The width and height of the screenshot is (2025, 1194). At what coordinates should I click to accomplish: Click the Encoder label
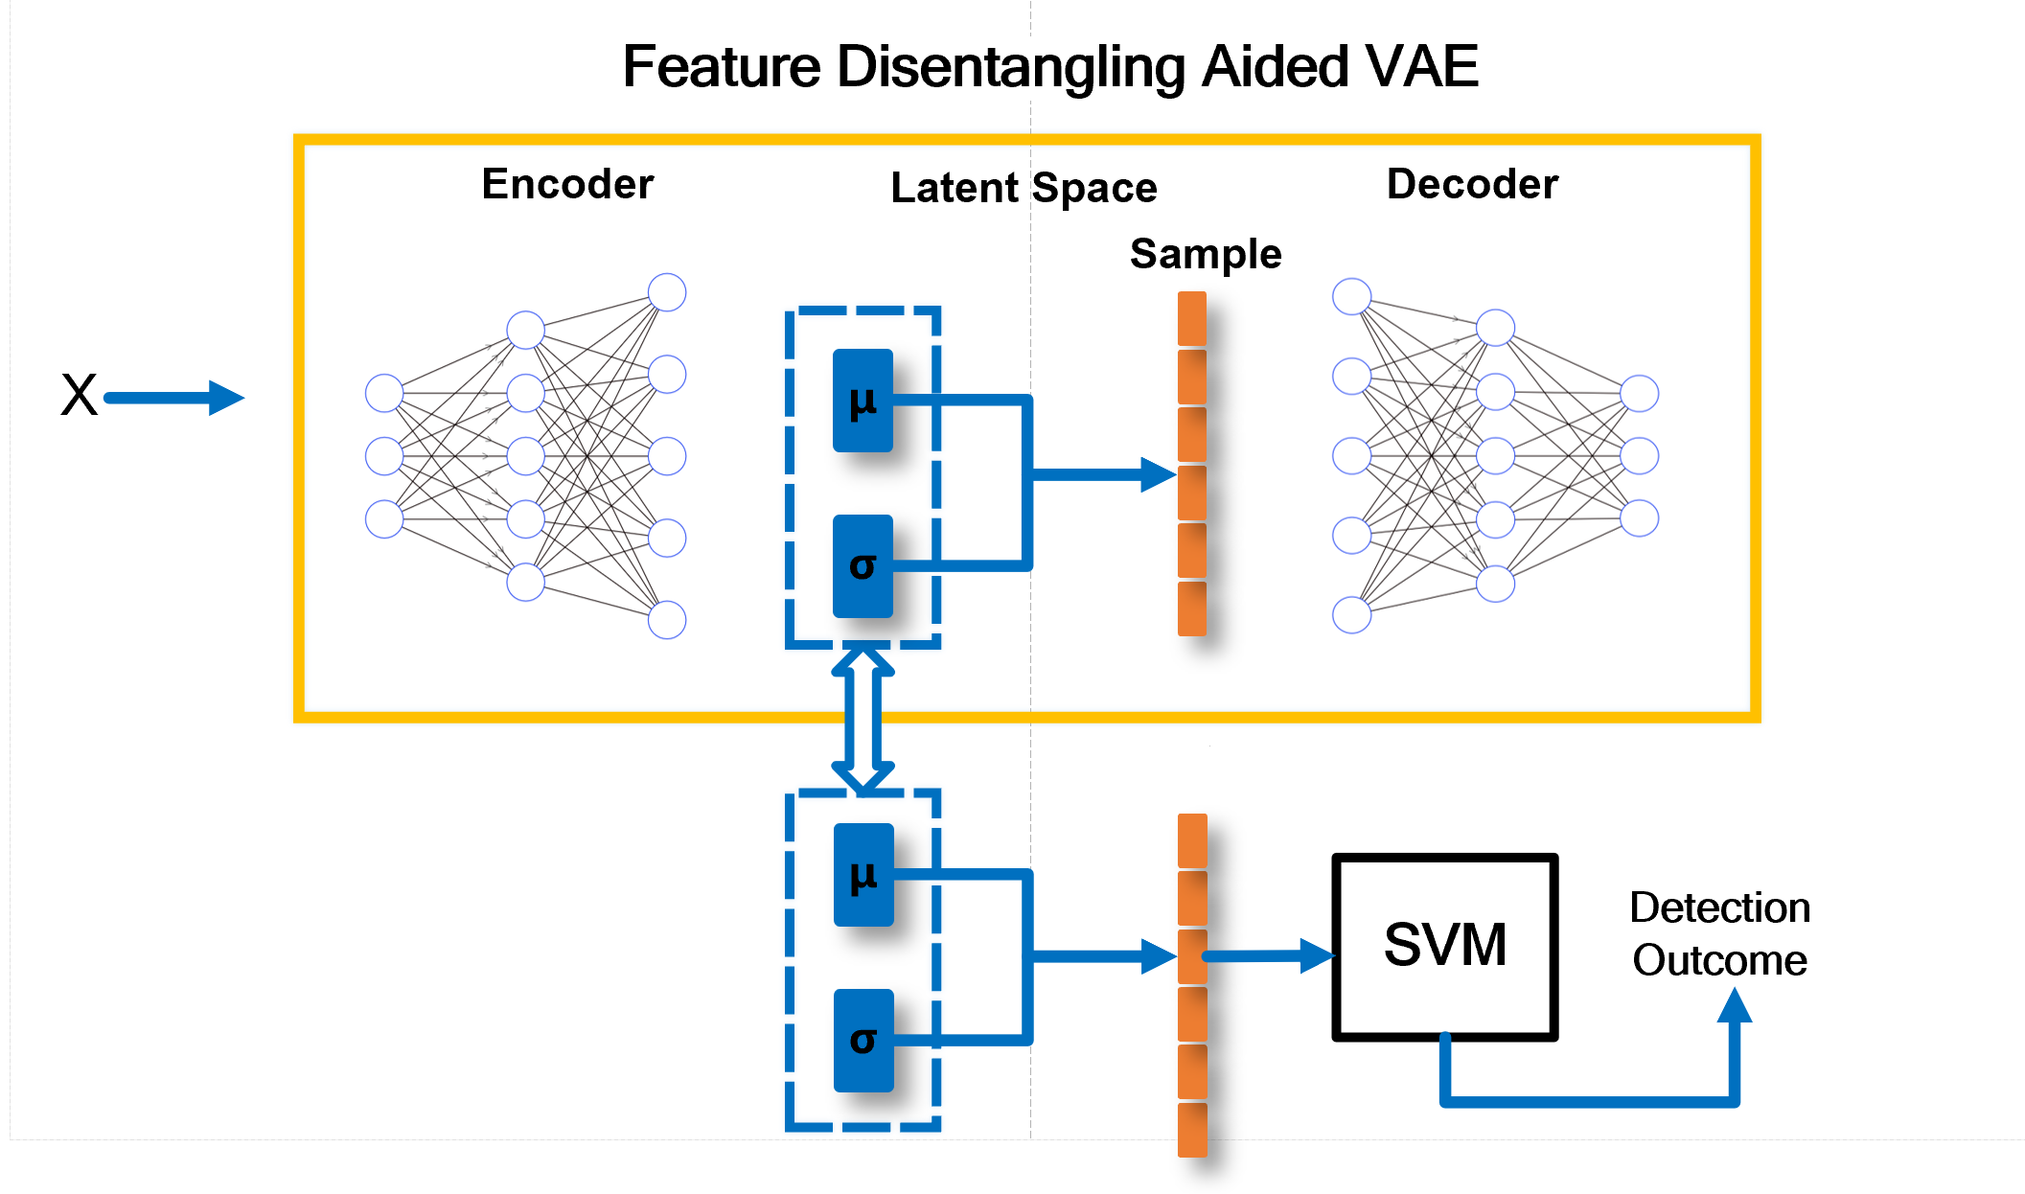567,184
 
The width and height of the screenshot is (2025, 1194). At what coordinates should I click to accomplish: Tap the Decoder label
1472,184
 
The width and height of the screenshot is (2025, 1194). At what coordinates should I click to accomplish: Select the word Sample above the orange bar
1206,255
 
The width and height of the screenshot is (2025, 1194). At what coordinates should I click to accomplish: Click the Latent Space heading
1024,188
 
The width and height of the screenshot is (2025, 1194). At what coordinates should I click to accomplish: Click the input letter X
79,395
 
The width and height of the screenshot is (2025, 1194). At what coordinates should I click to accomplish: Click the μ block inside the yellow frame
863,401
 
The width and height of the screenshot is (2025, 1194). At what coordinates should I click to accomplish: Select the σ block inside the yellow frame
863,566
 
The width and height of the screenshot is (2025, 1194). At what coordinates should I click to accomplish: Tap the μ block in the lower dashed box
863,875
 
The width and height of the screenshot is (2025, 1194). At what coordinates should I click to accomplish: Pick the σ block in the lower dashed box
863,1041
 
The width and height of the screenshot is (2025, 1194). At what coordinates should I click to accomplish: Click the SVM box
1444,946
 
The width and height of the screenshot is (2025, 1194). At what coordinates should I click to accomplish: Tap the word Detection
1719,907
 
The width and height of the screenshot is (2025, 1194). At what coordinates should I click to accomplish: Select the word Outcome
1719,960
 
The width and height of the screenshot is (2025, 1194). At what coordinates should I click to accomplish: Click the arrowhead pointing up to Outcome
1734,1006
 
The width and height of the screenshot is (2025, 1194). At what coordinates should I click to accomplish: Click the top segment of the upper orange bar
1191,318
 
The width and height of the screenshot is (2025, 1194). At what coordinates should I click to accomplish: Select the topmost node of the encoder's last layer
667,292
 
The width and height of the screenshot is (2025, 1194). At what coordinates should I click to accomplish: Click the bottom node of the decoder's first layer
1351,615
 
